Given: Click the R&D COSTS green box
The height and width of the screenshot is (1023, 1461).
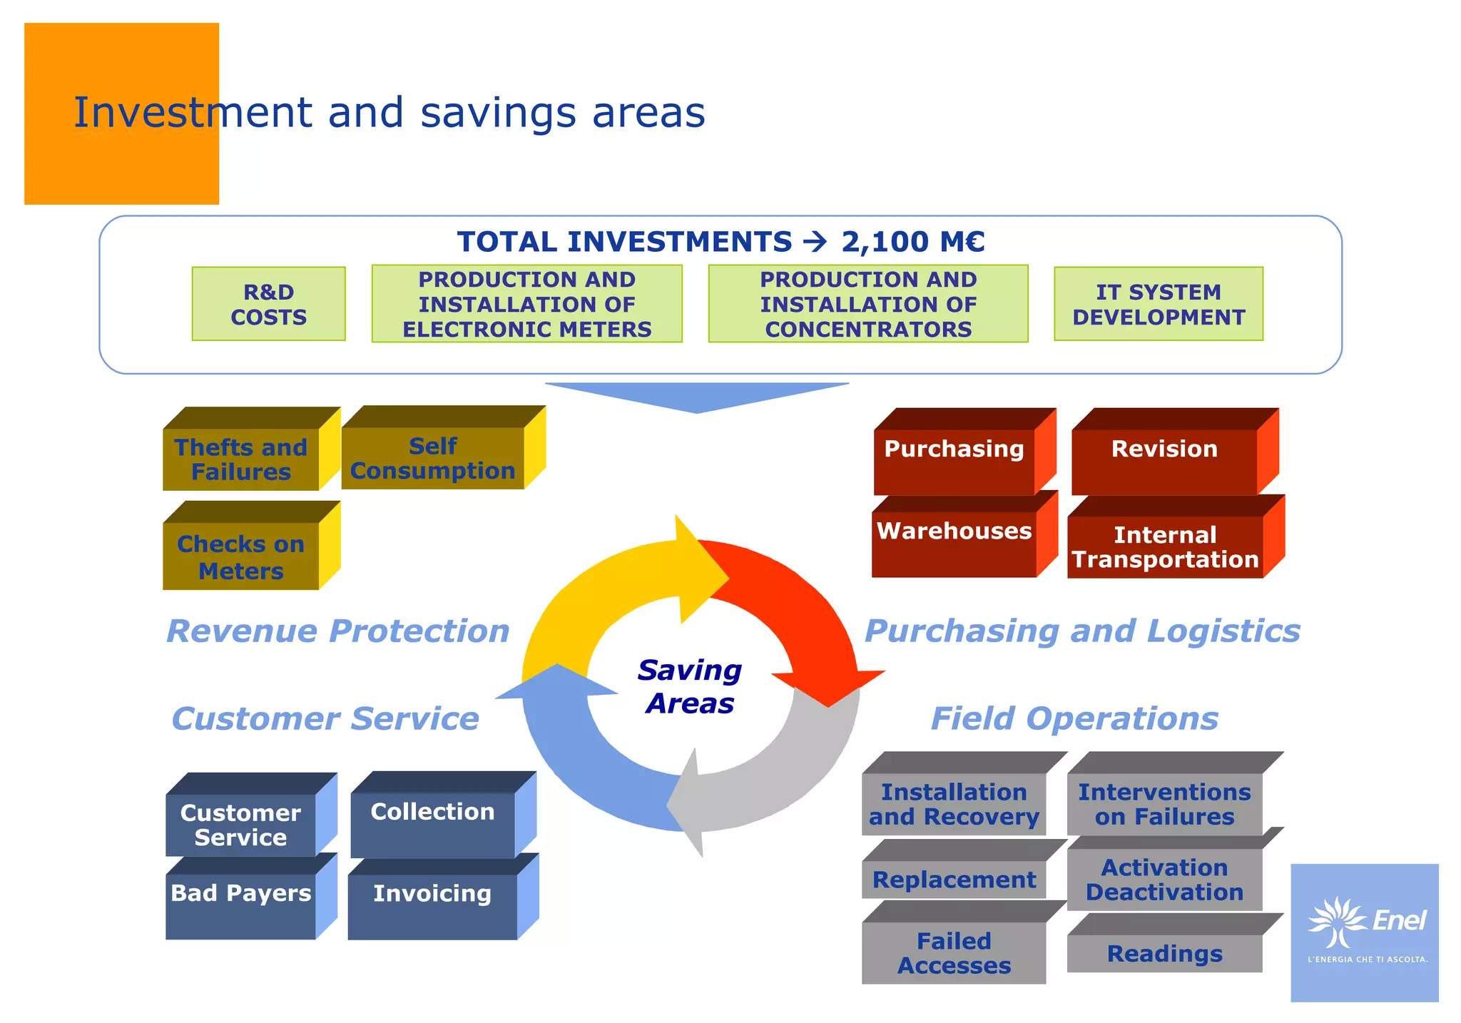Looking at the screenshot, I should tap(268, 304).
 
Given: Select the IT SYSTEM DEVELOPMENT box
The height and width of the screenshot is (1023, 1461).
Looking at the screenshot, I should tap(1158, 304).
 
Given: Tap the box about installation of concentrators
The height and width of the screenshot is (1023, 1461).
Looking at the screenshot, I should tap(867, 304).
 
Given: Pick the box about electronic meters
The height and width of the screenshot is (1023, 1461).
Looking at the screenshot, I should tap(526, 304).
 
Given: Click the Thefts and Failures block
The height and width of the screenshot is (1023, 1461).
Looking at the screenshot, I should tap(241, 459).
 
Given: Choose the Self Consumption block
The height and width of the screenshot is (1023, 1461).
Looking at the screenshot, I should tap(432, 458).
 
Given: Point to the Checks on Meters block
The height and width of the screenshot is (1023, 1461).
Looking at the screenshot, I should tap(241, 556).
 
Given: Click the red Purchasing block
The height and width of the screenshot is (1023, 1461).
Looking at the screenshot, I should tap(954, 461).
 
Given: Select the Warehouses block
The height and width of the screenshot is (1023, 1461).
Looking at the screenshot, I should tap(954, 543).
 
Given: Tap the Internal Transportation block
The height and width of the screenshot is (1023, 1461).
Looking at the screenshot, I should tap(1165, 546).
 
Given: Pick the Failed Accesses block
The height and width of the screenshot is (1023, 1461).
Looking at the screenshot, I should tap(954, 953).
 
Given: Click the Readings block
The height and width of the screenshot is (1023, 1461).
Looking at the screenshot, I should tap(1164, 953).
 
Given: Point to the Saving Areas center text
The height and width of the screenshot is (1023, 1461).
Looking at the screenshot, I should tap(690, 686).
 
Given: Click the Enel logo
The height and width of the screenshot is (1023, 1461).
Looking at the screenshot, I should tap(1365, 931).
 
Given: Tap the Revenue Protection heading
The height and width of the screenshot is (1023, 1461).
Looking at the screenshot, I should tap(337, 631).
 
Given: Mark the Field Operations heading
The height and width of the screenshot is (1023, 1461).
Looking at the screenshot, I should tap(1074, 718).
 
